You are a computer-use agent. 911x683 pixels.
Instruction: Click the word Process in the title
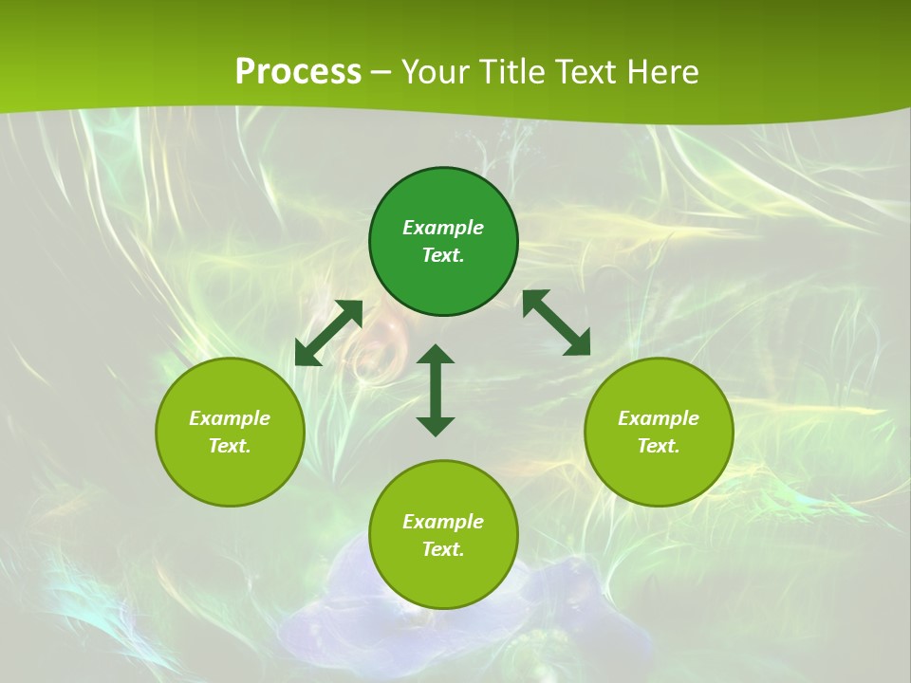[298, 72]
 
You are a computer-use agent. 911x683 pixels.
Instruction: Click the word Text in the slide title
[588, 72]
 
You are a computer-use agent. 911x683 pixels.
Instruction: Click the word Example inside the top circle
[443, 228]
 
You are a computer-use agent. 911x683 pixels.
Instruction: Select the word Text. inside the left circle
[230, 446]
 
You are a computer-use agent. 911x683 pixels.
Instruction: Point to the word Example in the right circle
[659, 418]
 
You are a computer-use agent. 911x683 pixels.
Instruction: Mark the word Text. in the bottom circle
[443, 549]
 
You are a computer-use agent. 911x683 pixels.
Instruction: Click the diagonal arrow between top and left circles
[328, 332]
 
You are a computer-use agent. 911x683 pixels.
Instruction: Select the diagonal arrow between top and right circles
[557, 323]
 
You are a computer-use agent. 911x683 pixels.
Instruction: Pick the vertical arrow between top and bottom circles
[436, 390]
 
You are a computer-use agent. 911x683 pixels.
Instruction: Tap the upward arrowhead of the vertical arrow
[436, 355]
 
